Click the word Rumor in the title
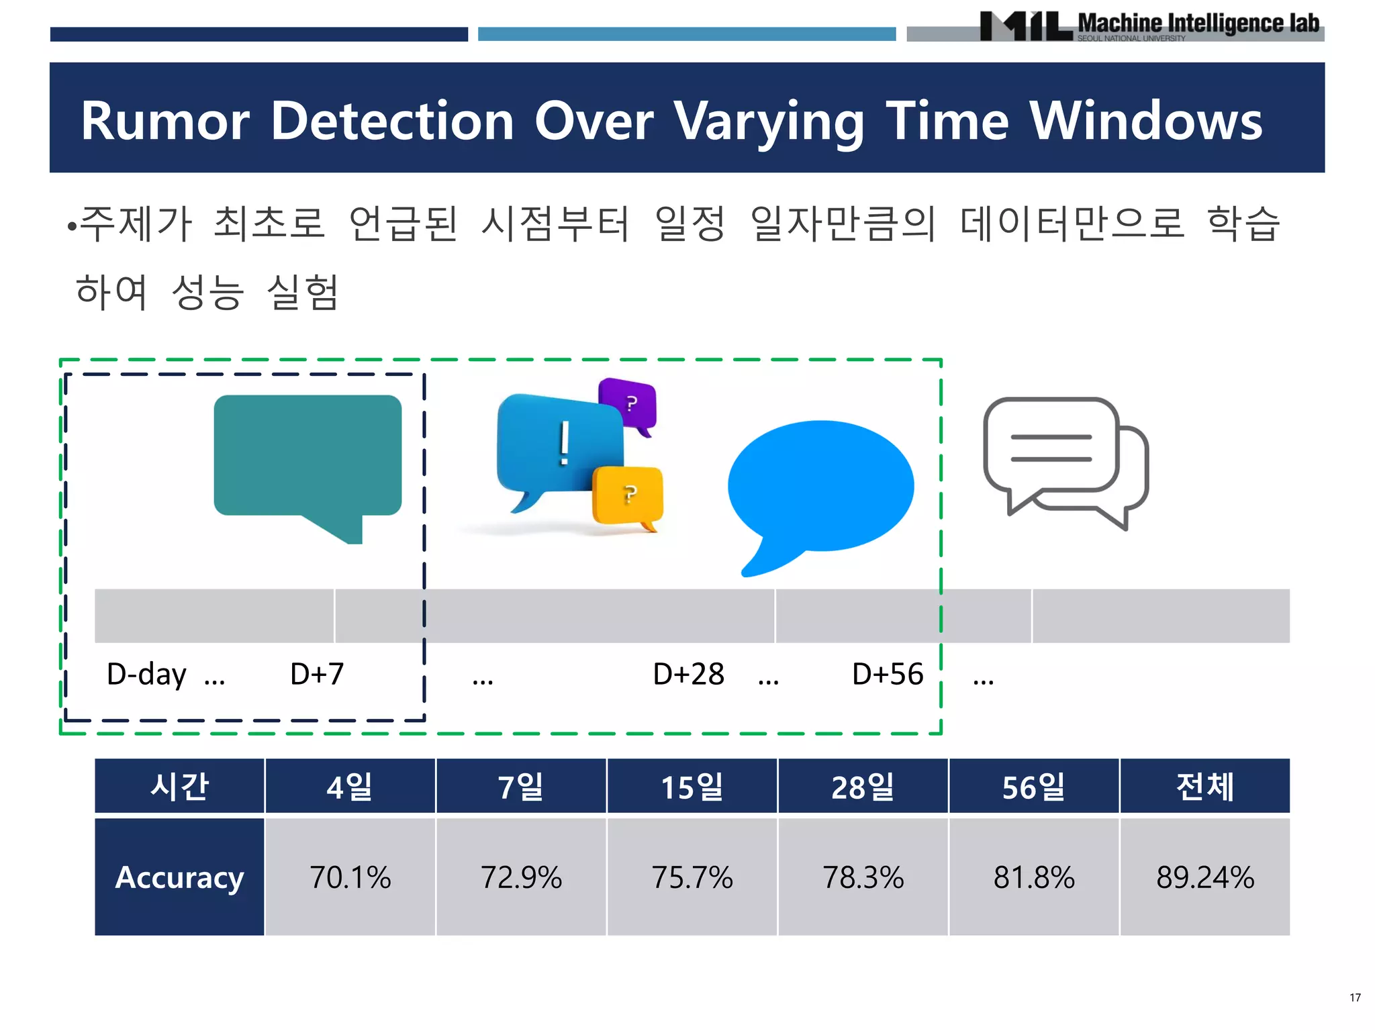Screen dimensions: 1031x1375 [x=165, y=121]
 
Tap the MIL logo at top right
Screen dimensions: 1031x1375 [x=1025, y=26]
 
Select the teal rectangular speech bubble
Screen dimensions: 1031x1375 [x=307, y=456]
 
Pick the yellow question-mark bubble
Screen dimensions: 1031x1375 [x=628, y=495]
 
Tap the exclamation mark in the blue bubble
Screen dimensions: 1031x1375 [x=565, y=443]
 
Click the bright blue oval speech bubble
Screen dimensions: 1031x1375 [x=820, y=487]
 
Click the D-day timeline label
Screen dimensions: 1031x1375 [x=146, y=674]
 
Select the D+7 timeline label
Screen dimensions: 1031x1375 [x=317, y=674]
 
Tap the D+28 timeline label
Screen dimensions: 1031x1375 [x=688, y=674]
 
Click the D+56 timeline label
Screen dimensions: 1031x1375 [x=888, y=674]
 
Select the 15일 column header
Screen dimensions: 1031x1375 [x=692, y=787]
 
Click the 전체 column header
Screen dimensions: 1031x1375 [x=1204, y=787]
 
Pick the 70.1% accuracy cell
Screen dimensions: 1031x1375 [x=350, y=877]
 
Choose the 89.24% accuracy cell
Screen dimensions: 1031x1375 [x=1204, y=877]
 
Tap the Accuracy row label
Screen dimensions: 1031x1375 [x=179, y=877]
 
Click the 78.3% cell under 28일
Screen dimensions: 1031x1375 [x=863, y=877]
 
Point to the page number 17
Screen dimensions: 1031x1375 [x=1355, y=997]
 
